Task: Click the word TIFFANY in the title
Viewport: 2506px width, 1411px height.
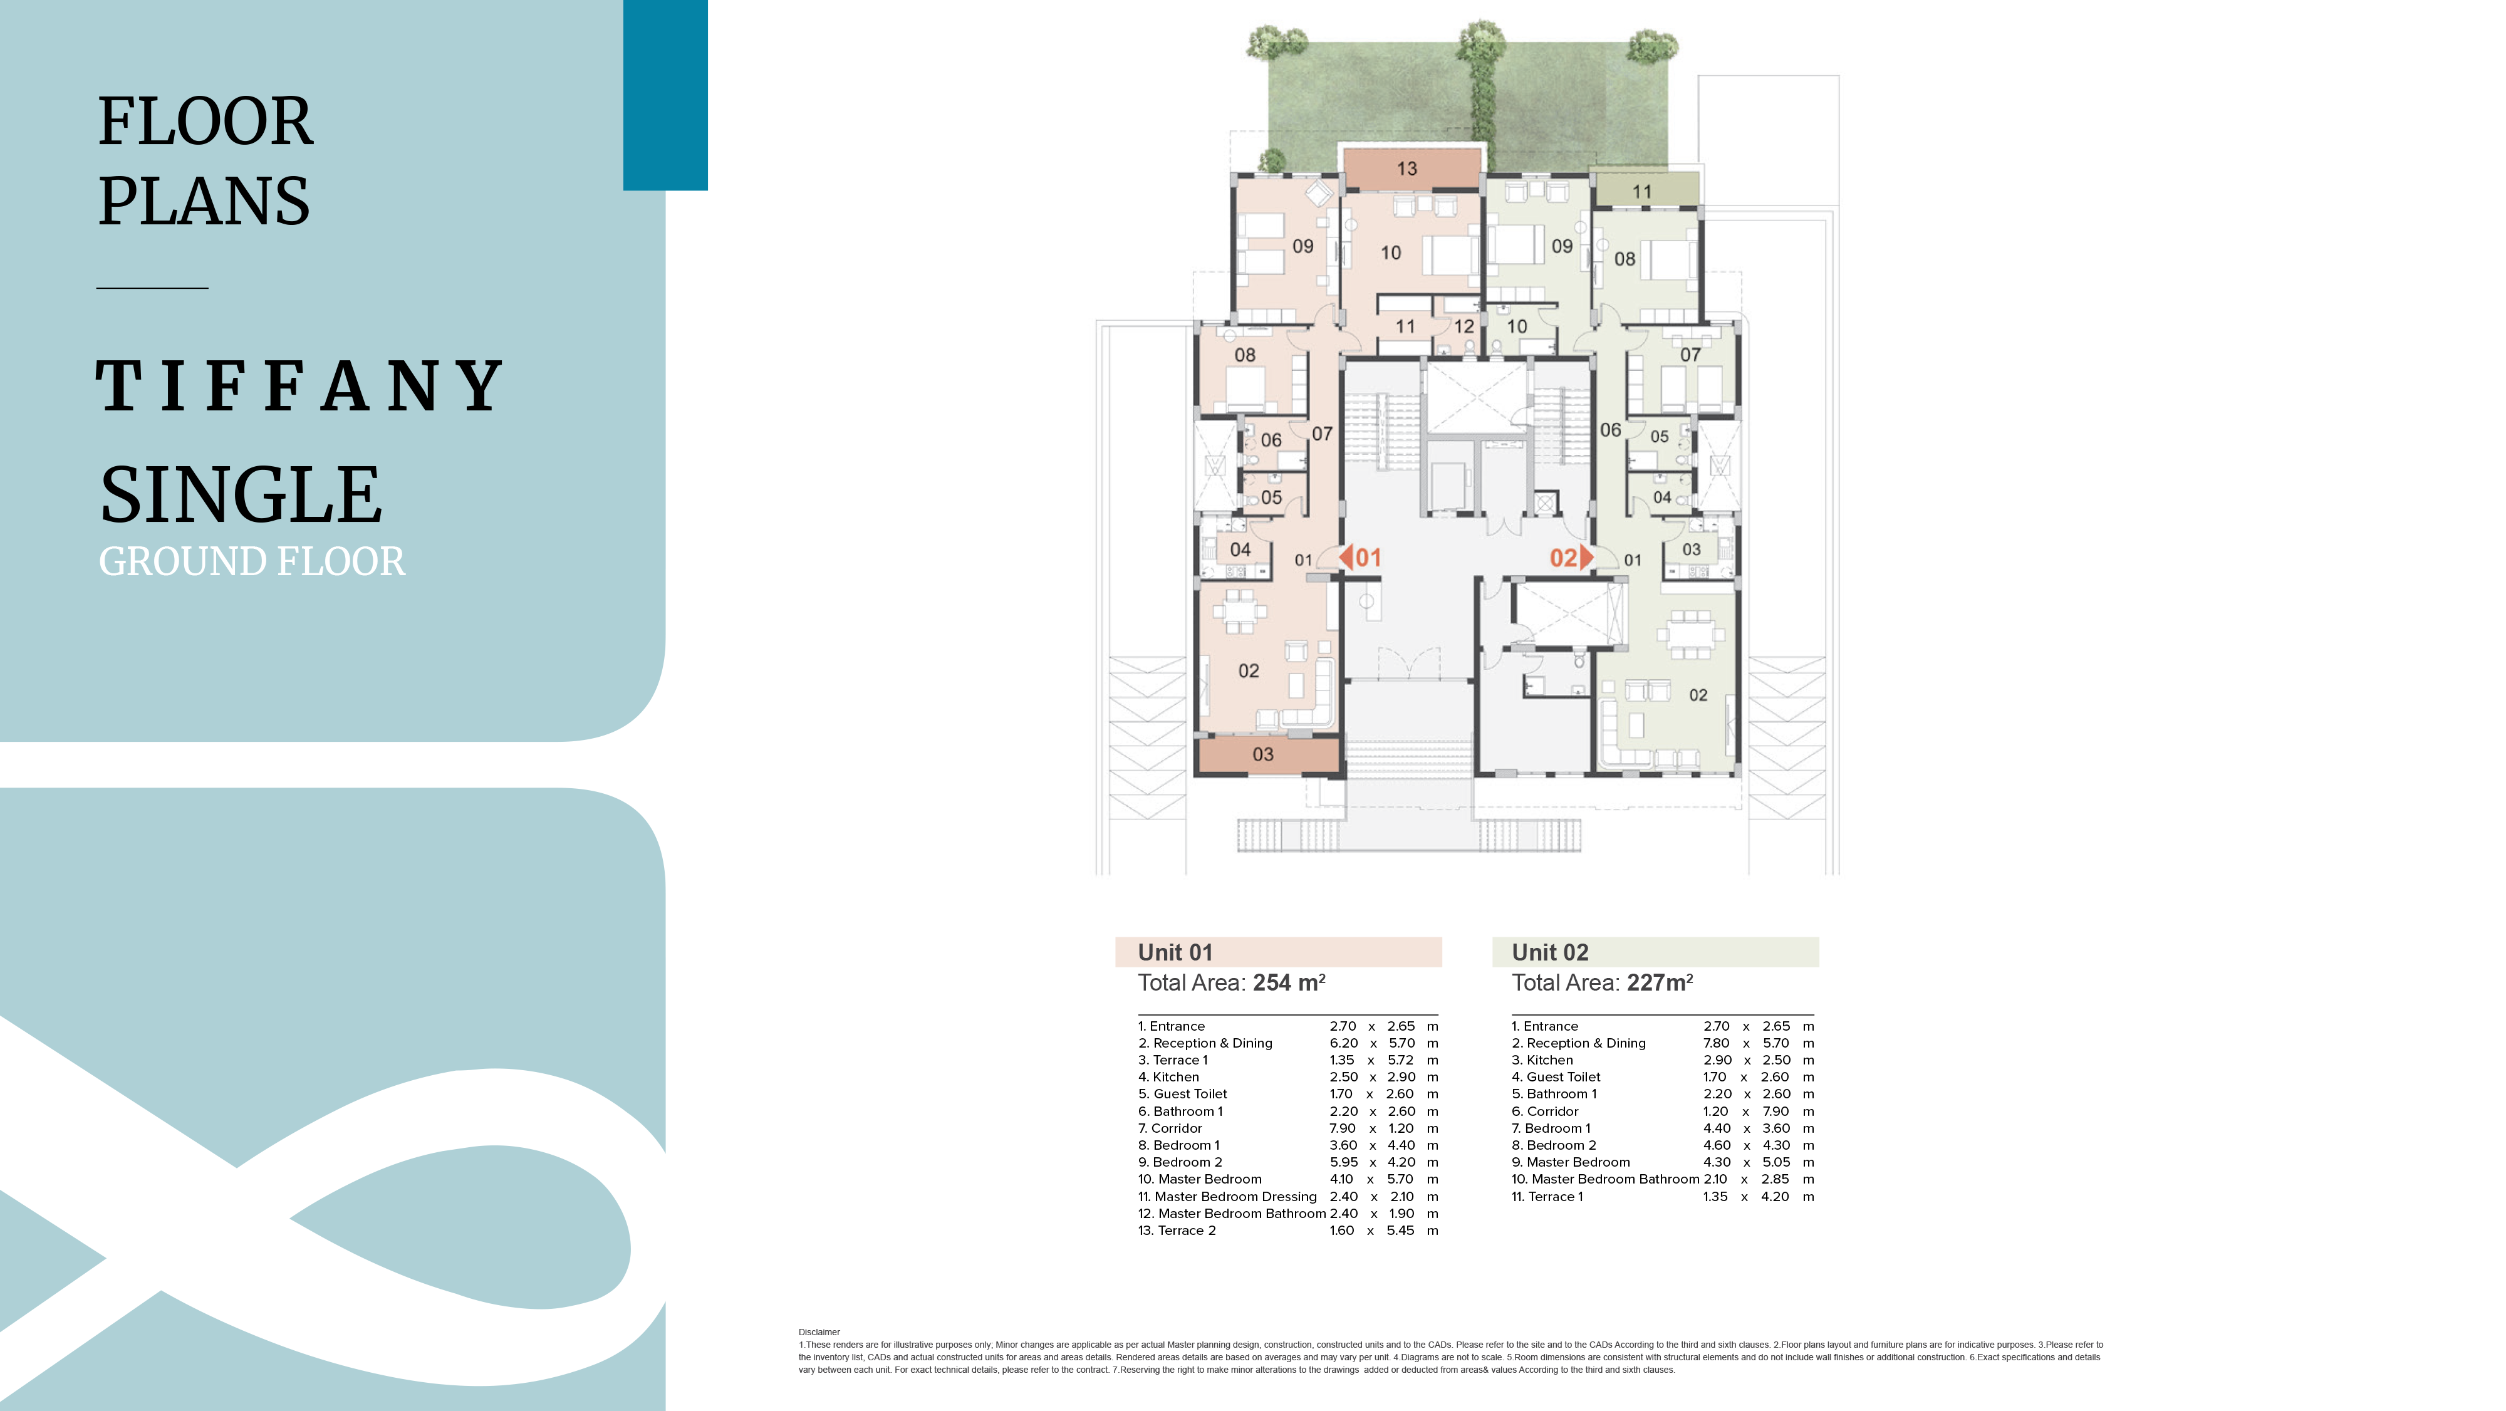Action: pos(299,385)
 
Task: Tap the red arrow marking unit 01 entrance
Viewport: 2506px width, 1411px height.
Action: pos(1346,558)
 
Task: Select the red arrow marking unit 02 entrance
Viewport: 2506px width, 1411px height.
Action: pos(1587,558)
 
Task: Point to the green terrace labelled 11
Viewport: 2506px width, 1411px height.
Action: pos(1644,190)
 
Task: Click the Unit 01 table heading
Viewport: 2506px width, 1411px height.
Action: pos(1175,952)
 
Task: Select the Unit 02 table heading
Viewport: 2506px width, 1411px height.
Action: pos(1550,952)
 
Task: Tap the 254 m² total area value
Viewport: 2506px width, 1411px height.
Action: pos(1289,983)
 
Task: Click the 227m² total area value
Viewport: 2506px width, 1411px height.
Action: pos(1660,983)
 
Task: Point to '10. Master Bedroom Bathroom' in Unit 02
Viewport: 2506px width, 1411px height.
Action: pos(1605,1179)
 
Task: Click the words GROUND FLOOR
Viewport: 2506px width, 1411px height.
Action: pos(252,561)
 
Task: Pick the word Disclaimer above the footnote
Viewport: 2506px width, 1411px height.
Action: pos(819,1332)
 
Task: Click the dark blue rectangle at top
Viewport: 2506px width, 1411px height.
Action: pos(665,95)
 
